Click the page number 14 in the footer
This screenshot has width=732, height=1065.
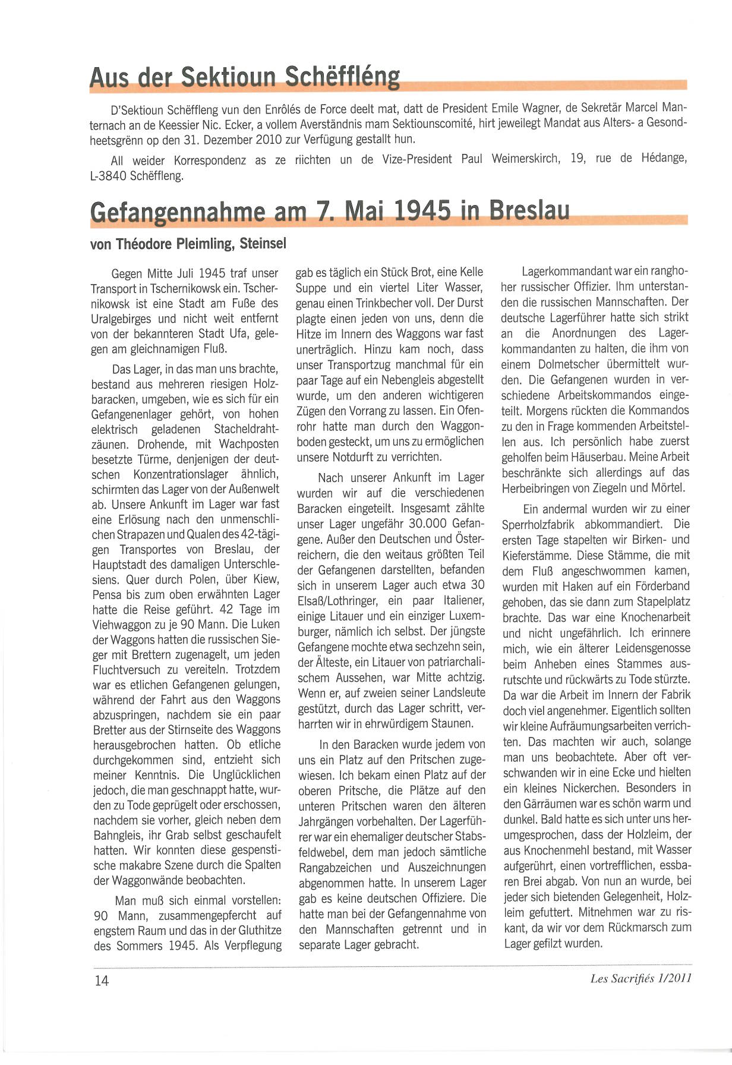(102, 981)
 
